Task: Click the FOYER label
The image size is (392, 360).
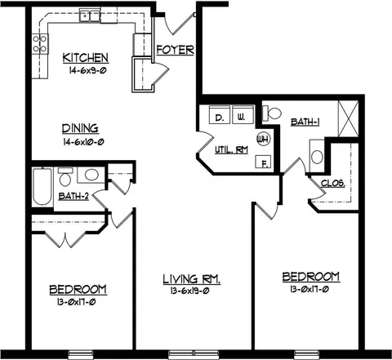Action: point(176,50)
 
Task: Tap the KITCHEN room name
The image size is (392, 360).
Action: point(86,58)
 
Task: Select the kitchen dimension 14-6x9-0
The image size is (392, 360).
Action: point(87,71)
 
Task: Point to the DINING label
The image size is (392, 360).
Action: point(80,128)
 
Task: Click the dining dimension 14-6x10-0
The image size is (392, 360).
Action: point(83,142)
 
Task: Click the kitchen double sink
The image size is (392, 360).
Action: point(90,15)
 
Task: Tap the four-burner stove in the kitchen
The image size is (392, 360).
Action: point(40,43)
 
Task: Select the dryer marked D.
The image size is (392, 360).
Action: point(220,115)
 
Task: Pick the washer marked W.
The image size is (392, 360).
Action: point(243,115)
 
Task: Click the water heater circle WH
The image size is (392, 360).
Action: point(264,140)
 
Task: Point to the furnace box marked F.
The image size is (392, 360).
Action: point(263,162)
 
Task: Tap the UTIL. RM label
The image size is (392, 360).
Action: point(231,150)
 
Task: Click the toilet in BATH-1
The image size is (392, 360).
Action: point(272,113)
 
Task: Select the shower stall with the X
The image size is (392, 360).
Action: point(348,118)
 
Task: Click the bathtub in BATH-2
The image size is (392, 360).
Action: point(42,187)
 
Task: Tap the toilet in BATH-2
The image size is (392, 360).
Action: point(65,176)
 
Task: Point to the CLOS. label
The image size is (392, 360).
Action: point(333,183)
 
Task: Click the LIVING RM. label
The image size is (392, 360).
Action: point(192,279)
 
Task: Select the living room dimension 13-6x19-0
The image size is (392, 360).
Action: point(189,291)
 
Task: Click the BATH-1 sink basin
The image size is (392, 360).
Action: point(317,157)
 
